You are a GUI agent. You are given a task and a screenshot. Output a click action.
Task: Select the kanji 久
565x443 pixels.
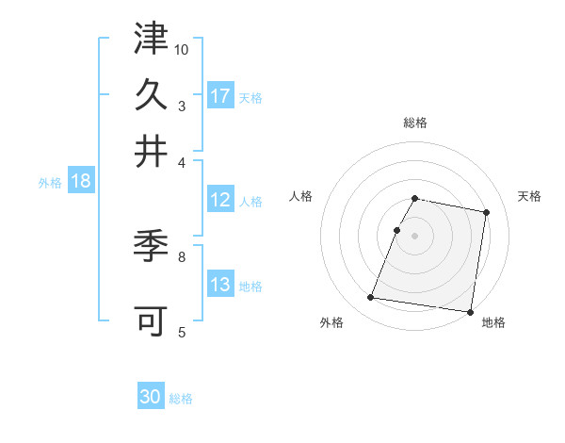click(x=151, y=94)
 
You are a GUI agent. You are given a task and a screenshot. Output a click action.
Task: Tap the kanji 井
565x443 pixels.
click(x=151, y=151)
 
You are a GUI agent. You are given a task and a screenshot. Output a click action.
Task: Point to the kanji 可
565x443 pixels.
click(x=151, y=320)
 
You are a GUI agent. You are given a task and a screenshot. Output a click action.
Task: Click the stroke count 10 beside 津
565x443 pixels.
click(x=182, y=49)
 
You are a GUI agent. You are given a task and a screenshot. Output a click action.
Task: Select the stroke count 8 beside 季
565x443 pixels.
click(x=182, y=255)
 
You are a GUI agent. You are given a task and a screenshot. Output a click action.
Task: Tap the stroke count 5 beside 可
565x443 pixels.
click(x=182, y=332)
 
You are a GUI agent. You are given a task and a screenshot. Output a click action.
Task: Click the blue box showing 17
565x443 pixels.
click(x=220, y=96)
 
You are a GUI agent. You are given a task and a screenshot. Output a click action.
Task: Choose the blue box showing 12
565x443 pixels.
click(x=220, y=200)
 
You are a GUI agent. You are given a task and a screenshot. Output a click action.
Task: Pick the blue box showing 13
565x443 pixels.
click(x=220, y=286)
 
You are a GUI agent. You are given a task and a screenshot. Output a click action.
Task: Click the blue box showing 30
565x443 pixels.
click(x=151, y=397)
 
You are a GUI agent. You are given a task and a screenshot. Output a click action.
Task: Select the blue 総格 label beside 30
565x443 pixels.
click(x=181, y=399)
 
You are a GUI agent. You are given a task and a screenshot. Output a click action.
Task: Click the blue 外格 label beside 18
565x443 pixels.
click(x=50, y=183)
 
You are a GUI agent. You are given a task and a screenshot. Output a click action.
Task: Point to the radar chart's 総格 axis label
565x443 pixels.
click(x=415, y=123)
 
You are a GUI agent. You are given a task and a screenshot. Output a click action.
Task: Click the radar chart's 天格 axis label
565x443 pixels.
click(x=529, y=196)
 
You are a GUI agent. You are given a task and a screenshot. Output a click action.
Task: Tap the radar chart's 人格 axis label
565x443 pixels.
click(x=301, y=196)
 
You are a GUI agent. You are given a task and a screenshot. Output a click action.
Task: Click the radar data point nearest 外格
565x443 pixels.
click(x=371, y=298)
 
